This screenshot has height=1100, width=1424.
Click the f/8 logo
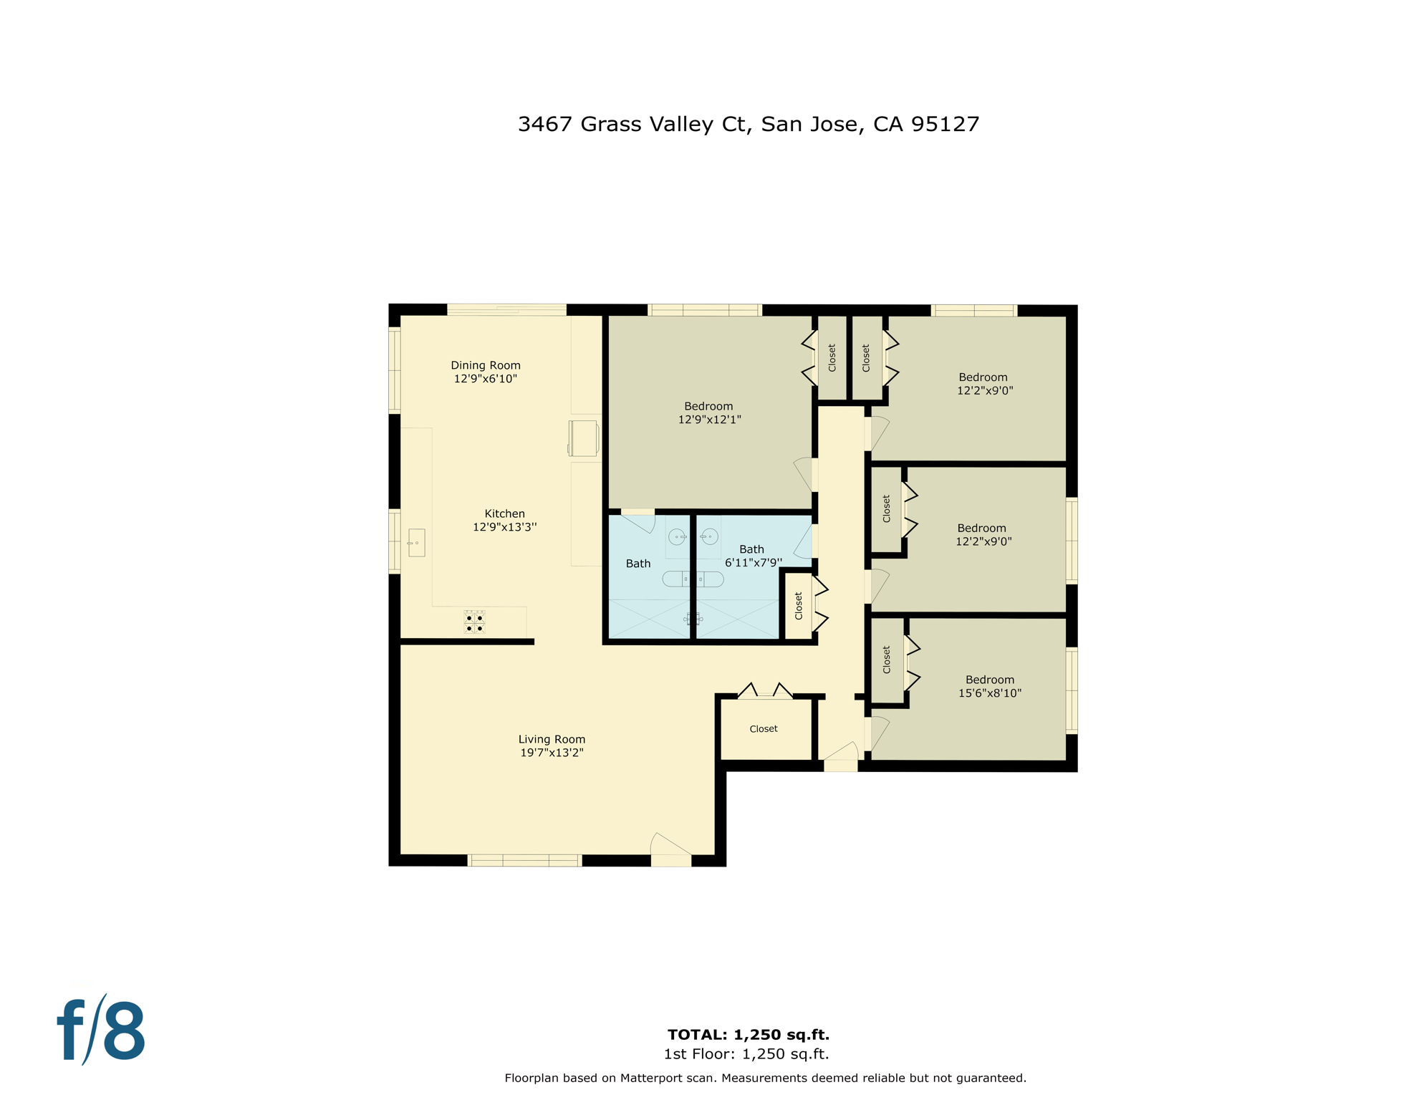click(101, 1030)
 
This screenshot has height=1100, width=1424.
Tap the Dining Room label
click(485, 365)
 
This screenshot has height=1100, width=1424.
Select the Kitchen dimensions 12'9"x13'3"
click(504, 527)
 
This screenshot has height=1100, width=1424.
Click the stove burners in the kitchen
click(474, 622)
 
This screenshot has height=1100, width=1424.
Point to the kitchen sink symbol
click(416, 543)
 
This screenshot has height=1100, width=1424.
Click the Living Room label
click(552, 739)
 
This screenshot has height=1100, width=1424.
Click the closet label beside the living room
click(763, 729)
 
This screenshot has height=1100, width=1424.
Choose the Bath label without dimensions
click(638, 564)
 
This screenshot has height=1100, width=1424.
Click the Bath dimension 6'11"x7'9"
click(753, 563)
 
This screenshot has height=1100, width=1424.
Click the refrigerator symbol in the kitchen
click(583, 438)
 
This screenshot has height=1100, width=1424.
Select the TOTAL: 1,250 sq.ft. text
click(748, 1034)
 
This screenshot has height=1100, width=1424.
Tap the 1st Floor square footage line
click(746, 1054)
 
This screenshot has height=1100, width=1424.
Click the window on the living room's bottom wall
click(524, 860)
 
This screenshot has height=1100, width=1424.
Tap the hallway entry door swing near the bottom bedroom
click(841, 752)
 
